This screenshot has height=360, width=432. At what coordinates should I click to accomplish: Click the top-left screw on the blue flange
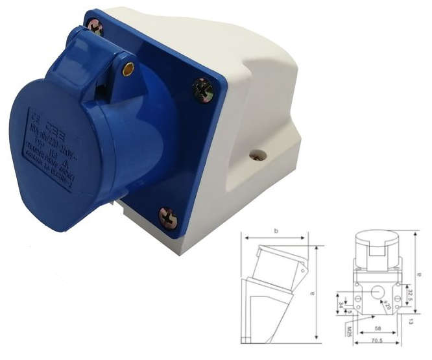click(95, 27)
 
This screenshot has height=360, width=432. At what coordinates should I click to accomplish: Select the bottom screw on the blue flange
click(168, 217)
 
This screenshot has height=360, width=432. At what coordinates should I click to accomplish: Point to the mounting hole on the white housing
click(258, 156)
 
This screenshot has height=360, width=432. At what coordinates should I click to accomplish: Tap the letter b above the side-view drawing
click(277, 231)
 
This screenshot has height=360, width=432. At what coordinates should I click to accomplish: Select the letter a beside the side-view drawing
click(313, 294)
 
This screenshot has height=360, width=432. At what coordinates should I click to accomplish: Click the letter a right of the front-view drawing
click(420, 274)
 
